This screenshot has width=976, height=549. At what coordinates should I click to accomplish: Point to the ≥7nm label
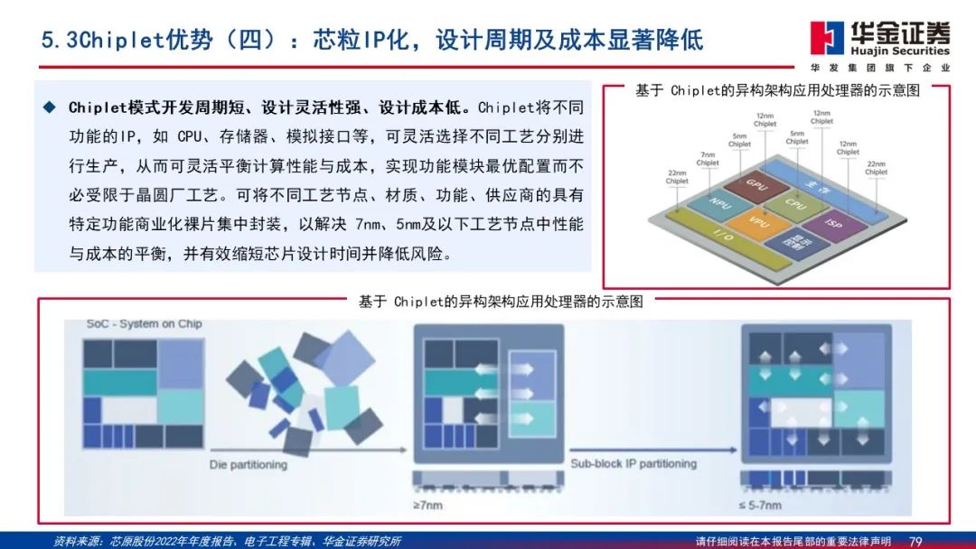click(428, 505)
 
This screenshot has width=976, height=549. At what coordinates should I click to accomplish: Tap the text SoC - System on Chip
click(144, 324)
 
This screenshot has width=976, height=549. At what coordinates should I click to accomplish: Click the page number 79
click(915, 540)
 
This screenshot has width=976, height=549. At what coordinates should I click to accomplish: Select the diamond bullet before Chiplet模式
click(50, 107)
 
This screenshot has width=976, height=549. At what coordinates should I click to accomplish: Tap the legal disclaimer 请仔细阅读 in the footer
click(727, 540)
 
